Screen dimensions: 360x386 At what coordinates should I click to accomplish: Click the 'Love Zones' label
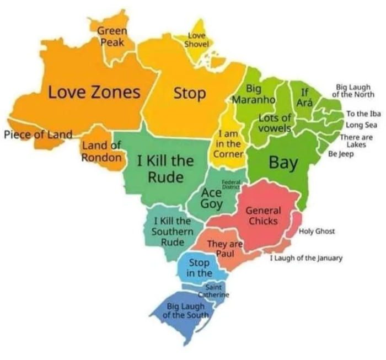click(x=93, y=92)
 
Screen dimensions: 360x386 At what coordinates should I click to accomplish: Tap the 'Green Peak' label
click(x=112, y=36)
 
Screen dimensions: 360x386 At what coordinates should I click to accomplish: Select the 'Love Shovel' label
click(x=195, y=40)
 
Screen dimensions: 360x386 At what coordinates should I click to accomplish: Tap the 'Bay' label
click(x=283, y=163)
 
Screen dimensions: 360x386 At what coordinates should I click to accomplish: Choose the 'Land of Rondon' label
click(x=101, y=151)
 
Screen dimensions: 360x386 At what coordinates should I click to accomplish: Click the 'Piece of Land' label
click(x=38, y=135)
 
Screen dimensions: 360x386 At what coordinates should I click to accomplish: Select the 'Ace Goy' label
click(x=212, y=198)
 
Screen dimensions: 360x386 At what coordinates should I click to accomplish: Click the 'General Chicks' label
click(x=263, y=216)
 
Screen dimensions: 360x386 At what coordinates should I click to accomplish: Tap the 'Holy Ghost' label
click(x=317, y=231)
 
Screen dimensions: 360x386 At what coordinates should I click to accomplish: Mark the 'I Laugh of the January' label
click(x=306, y=257)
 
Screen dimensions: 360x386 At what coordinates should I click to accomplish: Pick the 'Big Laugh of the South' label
click(x=186, y=311)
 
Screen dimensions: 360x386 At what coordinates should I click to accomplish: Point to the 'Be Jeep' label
click(x=341, y=154)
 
